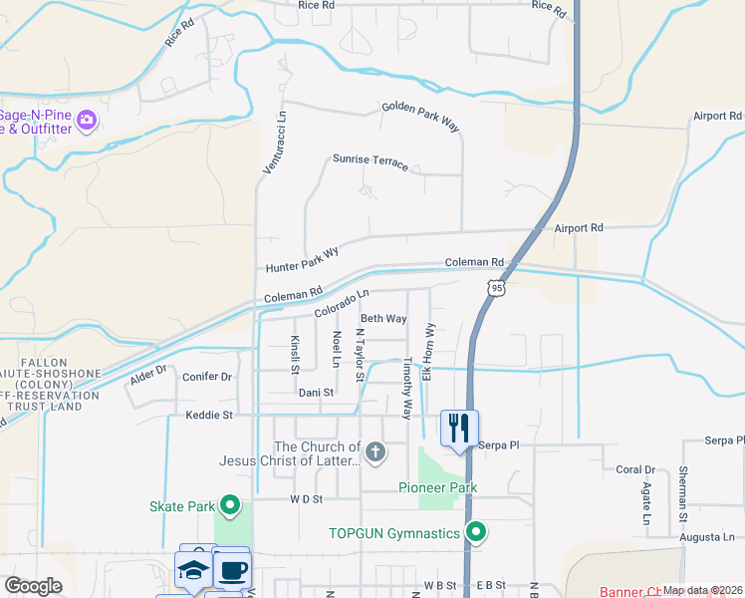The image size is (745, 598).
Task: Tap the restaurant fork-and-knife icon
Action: pyautogui.click(x=458, y=429)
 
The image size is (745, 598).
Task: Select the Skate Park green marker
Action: pyautogui.click(x=231, y=506)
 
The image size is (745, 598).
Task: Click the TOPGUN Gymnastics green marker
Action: pyautogui.click(x=476, y=533)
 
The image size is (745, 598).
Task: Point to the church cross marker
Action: pyautogui.click(x=374, y=453)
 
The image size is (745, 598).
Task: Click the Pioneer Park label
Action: pyautogui.click(x=437, y=487)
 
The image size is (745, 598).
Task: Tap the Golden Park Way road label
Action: pyautogui.click(x=419, y=116)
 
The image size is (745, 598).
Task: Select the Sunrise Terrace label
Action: pyautogui.click(x=371, y=161)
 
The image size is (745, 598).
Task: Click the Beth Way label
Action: pyautogui.click(x=383, y=319)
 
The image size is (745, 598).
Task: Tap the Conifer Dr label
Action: pyautogui.click(x=207, y=377)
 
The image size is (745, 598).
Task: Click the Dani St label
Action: pyautogui.click(x=316, y=393)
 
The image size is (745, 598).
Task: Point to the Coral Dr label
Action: pyautogui.click(x=634, y=469)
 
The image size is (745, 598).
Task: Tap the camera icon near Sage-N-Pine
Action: pyautogui.click(x=87, y=121)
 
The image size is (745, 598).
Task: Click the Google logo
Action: pyautogui.click(x=33, y=585)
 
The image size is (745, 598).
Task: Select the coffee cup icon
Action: pyautogui.click(x=232, y=570)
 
